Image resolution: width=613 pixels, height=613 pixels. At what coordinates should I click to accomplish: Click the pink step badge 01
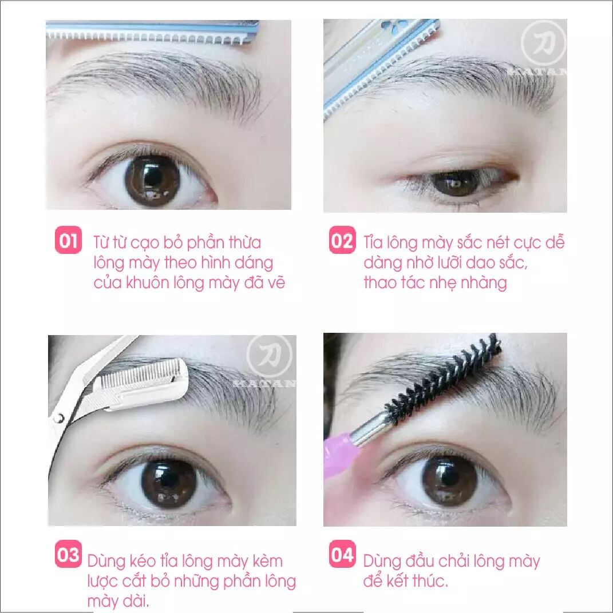point(69,240)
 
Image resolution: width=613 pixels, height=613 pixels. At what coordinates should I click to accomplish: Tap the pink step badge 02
point(342,240)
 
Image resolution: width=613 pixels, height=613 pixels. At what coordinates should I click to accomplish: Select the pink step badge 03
point(69,554)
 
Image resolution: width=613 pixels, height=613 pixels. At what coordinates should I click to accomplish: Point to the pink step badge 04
point(342,554)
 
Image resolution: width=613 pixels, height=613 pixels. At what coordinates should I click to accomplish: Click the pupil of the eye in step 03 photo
point(169,481)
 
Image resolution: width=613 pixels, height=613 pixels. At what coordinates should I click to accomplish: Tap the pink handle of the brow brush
point(339,453)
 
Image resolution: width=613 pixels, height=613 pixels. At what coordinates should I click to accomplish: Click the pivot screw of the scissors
point(59,419)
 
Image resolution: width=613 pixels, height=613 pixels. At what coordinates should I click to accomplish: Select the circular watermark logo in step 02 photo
point(543,43)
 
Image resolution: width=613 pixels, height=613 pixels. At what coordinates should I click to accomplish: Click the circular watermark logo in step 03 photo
point(270,357)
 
